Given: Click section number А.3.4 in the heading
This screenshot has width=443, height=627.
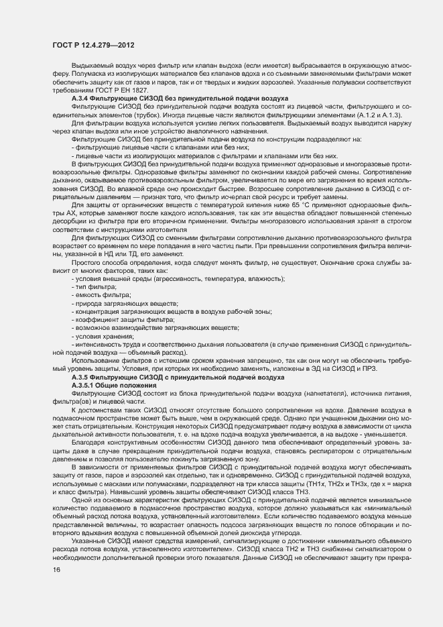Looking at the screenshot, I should pos(82,98).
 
